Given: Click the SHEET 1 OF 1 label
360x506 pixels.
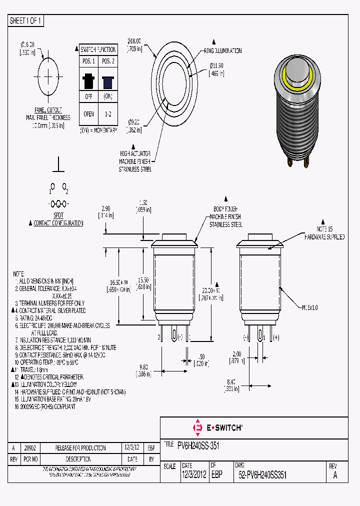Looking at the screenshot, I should click(x=26, y=20).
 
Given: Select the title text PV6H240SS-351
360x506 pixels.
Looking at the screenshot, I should click(x=198, y=445).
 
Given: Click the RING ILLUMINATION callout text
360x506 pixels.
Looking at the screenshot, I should click(x=222, y=50).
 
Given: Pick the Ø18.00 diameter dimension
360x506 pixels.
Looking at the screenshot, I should click(x=134, y=41).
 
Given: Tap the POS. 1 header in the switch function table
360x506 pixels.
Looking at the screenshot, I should click(x=88, y=61).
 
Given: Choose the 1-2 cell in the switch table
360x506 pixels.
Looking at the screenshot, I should click(x=108, y=113).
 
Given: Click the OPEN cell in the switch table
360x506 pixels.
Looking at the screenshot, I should click(x=88, y=113).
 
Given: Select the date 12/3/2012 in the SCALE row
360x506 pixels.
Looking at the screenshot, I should click(x=194, y=475).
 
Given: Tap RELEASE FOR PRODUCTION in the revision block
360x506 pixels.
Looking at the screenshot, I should click(x=80, y=447).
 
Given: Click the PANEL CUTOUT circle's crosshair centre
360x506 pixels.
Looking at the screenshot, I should click(x=48, y=77).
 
